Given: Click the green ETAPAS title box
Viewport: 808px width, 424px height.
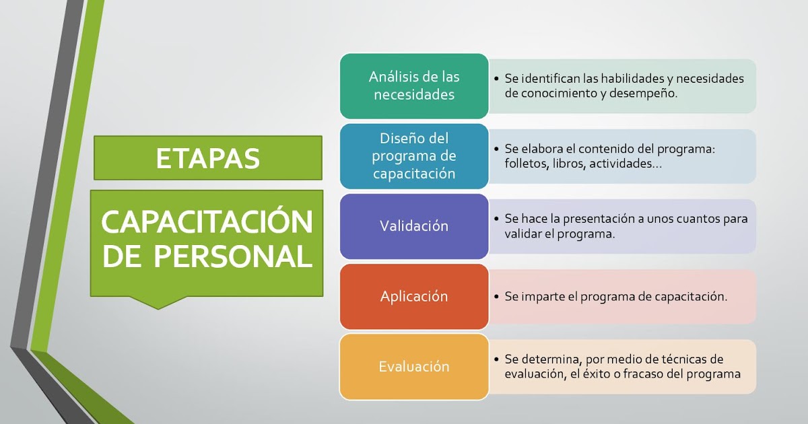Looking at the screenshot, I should tap(207, 158).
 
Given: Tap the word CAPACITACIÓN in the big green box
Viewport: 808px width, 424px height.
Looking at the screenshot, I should tap(207, 221).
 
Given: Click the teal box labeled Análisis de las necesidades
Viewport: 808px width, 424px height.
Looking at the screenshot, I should tap(413, 86).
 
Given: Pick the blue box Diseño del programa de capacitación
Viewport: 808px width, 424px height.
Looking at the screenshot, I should tap(413, 156).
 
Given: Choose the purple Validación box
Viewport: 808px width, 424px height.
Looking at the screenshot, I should tap(413, 226).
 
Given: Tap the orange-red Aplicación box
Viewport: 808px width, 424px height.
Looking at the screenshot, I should tap(413, 296).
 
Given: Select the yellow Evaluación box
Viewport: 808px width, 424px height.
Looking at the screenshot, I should tap(413, 367).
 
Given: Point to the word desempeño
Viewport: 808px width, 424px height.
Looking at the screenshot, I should tap(642, 94).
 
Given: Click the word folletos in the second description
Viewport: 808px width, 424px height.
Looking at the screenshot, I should tap(527, 164).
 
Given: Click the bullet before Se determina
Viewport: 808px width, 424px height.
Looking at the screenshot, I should tap(496, 359).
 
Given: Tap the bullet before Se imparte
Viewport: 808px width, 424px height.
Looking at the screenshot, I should tap(496, 297).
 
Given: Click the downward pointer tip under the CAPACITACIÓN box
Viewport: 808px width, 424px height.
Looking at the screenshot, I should tap(158, 308).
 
